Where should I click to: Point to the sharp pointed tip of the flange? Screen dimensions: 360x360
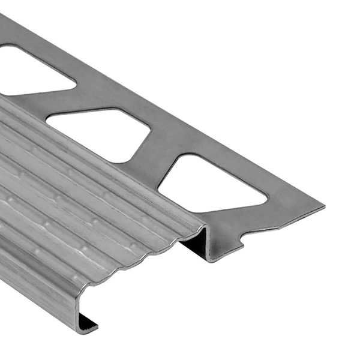pos(324,208)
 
